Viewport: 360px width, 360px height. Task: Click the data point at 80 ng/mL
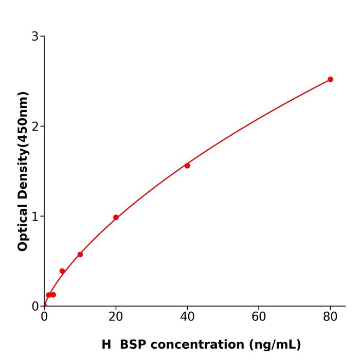[330, 79]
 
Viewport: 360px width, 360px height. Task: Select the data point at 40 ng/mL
[187, 166]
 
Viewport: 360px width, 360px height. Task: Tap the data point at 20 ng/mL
[116, 218]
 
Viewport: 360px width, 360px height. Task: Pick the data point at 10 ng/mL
[80, 255]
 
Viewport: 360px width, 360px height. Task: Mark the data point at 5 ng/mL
[62, 271]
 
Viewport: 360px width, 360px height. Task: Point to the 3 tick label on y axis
[35, 37]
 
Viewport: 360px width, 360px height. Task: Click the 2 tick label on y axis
[35, 127]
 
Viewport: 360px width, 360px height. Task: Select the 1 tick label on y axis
[35, 217]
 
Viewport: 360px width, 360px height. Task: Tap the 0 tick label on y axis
[35, 307]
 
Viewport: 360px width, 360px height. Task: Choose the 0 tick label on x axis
[44, 317]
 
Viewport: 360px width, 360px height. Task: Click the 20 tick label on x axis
[116, 317]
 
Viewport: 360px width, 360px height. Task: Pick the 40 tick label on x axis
[187, 317]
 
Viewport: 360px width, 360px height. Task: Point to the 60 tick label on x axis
[259, 317]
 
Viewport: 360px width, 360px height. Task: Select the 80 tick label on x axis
[330, 317]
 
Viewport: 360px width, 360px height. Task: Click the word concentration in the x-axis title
[199, 345]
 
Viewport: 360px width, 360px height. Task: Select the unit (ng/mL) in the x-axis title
[275, 345]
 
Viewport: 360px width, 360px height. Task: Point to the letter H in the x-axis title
[106, 345]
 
